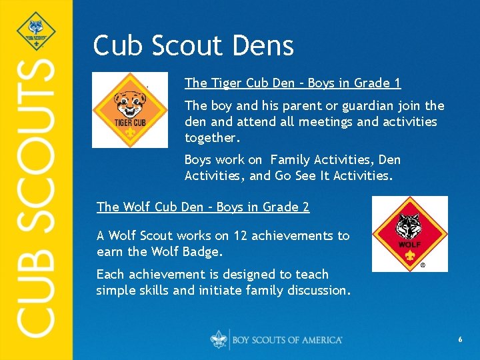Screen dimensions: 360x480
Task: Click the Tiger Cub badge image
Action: [129, 109]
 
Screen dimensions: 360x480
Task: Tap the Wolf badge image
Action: [409, 234]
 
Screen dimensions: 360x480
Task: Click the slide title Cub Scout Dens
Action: [193, 45]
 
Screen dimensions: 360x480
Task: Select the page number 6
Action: [460, 340]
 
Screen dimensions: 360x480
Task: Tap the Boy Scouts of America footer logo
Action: [277, 339]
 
